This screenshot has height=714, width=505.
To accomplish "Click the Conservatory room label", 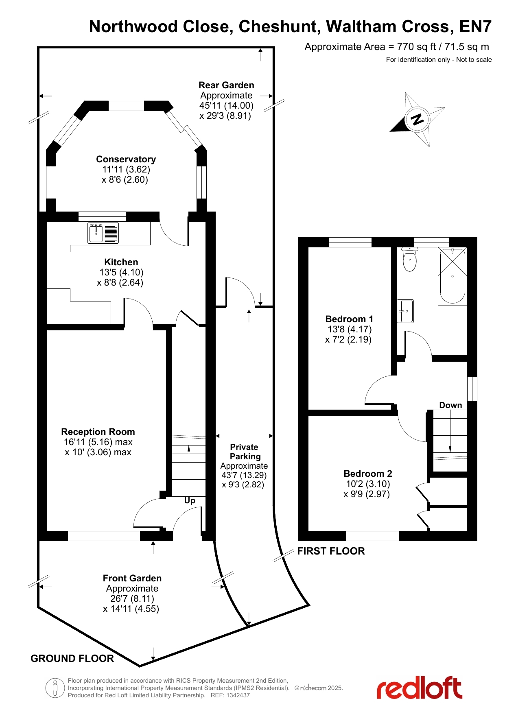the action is click(x=126, y=159).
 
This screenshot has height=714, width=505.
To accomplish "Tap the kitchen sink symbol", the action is click(x=103, y=233).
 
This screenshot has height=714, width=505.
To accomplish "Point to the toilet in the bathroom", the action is click(x=409, y=259).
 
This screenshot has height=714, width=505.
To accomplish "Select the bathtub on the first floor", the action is click(x=453, y=276).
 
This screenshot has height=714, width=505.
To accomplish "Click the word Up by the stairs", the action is click(x=190, y=501).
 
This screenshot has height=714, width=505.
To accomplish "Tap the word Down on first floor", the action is click(x=450, y=405).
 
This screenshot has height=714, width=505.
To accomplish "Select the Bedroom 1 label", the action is click(x=349, y=319).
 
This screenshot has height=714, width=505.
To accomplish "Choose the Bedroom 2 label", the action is click(x=368, y=474).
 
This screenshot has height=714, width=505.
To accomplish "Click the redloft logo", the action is click(x=419, y=688).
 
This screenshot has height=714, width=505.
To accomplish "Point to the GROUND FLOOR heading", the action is click(x=72, y=658).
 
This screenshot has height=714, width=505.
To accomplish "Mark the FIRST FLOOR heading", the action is click(x=331, y=551).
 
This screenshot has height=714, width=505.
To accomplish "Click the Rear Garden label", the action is click(x=226, y=85).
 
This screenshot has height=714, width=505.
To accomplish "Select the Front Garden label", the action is click(x=132, y=578).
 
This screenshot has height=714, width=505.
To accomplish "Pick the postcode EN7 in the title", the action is click(x=475, y=26).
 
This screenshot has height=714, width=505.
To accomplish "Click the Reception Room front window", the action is click(x=104, y=536).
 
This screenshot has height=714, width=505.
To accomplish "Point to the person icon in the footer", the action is click(x=55, y=688).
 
